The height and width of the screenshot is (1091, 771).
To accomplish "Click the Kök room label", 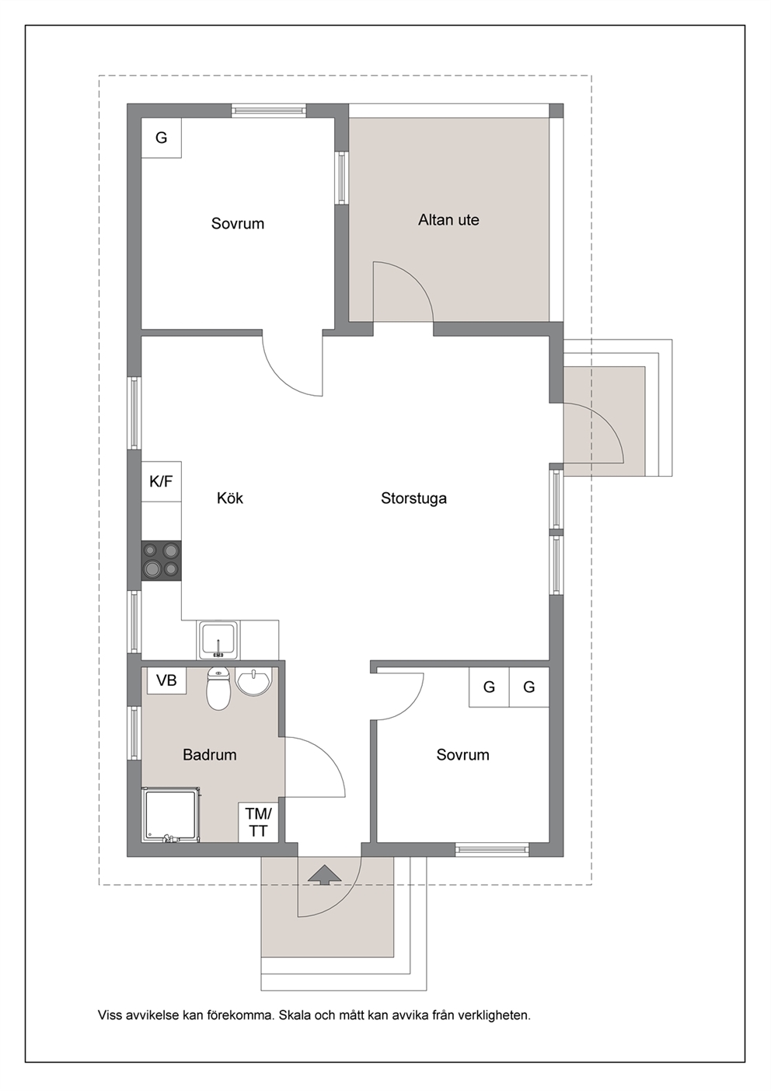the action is point(230,498).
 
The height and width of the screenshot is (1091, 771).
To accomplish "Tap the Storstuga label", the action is point(413,498).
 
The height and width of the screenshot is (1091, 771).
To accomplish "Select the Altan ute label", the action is point(448,220).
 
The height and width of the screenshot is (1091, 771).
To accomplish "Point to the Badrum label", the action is point(210,755).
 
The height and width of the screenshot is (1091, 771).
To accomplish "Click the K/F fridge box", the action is point(161,481).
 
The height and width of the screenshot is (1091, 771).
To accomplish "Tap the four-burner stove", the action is point(161,561).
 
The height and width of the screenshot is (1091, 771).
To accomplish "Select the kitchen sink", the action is point(218,639).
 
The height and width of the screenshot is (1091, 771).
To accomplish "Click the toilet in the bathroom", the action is point(219,689).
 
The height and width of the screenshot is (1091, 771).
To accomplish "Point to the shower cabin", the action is point(170,815).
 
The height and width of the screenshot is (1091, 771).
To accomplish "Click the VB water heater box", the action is point(166,680).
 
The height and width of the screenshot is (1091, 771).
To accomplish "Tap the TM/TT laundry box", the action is point(258,822).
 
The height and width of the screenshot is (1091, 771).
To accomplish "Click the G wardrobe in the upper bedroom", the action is point(161,138).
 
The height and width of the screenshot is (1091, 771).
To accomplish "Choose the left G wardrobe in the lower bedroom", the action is point(489,687).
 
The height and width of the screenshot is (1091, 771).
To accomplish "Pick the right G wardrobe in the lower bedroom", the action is point(529,687).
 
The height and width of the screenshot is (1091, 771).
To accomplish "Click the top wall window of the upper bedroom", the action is point(269,111).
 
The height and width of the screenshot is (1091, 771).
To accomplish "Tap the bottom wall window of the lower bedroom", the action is point(492,850).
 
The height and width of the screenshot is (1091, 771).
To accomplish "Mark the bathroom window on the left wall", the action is point(134,733).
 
